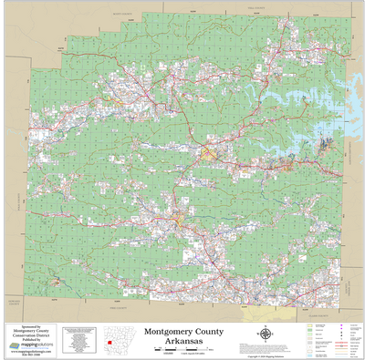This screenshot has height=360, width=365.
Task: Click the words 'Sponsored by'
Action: coord(31,325)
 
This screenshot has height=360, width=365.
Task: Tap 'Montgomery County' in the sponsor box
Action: coord(31,331)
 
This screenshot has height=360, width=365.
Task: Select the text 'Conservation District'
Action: coord(31,336)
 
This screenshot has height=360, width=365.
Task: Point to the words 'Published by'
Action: coord(31,341)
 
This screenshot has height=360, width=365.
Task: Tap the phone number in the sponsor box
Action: coord(31,355)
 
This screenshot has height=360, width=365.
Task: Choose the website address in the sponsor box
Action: coord(31,352)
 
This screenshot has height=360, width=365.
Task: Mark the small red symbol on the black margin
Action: coord(108,343)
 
